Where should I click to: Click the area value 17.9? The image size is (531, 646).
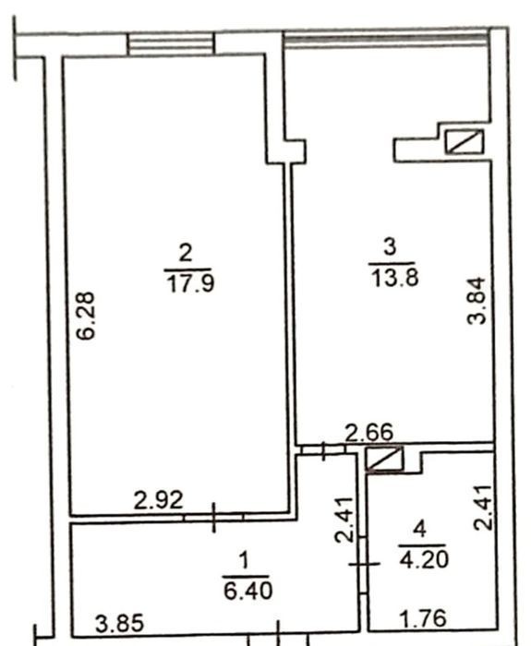(190, 283)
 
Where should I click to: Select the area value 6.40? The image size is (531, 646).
(248, 591)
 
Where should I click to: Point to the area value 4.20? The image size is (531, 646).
(424, 559)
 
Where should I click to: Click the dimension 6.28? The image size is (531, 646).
(87, 316)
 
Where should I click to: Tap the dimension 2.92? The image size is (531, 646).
(158, 500)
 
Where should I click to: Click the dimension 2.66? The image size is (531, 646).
(369, 433)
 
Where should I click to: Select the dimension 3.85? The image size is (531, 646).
(119, 623)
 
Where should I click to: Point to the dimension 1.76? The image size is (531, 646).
(423, 618)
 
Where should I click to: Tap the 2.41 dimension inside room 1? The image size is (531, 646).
(344, 520)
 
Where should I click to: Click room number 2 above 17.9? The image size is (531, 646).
(186, 254)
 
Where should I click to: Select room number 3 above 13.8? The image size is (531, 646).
(390, 247)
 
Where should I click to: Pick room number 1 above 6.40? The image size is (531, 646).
(245, 561)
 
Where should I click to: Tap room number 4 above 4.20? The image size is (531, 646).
(419, 529)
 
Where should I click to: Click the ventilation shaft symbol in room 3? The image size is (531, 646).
(465, 141)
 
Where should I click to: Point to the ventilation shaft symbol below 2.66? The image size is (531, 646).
(384, 458)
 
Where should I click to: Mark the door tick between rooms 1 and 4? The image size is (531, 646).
(364, 564)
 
